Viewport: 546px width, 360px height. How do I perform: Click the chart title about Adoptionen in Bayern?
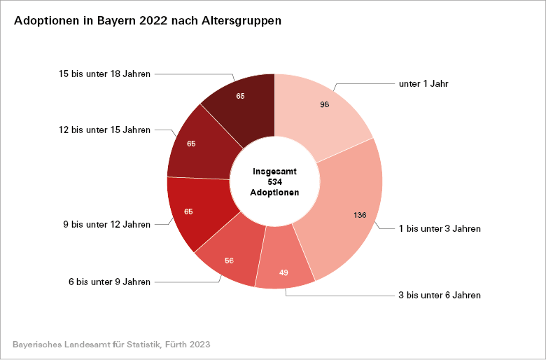pyautogui.click(x=148, y=21)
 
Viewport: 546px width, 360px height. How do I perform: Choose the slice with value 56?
pyautogui.click(x=227, y=259)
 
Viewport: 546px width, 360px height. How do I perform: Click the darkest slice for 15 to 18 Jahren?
pyautogui.click(x=241, y=102)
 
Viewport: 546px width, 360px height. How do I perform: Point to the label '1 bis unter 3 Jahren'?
pyautogui.click(x=440, y=228)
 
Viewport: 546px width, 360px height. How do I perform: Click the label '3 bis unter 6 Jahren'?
pyautogui.click(x=440, y=296)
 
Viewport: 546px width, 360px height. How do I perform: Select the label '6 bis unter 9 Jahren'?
pyautogui.click(x=109, y=282)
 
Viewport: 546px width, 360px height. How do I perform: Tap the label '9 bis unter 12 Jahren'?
pyautogui.click(x=106, y=225)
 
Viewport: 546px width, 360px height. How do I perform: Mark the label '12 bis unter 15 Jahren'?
pyautogui.click(x=105, y=130)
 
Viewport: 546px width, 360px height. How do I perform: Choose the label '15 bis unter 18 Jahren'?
pyautogui.click(x=105, y=74)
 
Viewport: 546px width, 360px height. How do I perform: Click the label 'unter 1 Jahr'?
pyautogui.click(x=423, y=84)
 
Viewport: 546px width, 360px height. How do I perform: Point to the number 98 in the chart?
pyautogui.click(x=325, y=104)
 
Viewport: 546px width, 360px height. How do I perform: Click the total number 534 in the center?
pyautogui.click(x=274, y=181)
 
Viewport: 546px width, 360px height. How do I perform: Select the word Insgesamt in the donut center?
pyautogui.click(x=274, y=171)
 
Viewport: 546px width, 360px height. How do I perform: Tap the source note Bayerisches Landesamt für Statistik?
pyautogui.click(x=112, y=345)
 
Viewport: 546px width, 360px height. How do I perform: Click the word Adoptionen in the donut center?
pyautogui.click(x=274, y=193)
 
